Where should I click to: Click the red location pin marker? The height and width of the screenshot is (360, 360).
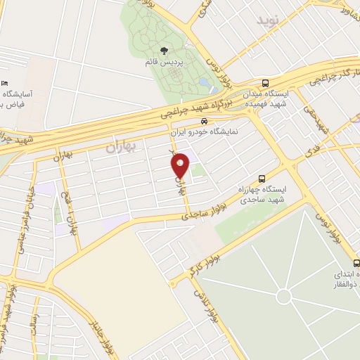(x=181, y=165)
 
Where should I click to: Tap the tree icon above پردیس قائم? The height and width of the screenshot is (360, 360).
(x=164, y=51)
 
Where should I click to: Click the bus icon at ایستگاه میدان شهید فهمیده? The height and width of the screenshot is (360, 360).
(x=265, y=82)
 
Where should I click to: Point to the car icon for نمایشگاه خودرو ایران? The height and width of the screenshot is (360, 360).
(x=204, y=121)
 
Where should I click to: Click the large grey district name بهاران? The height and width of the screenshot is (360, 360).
(x=119, y=148)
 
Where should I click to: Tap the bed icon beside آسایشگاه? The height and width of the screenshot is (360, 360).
(x=6, y=83)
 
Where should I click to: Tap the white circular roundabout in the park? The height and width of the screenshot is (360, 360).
(x=283, y=296)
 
